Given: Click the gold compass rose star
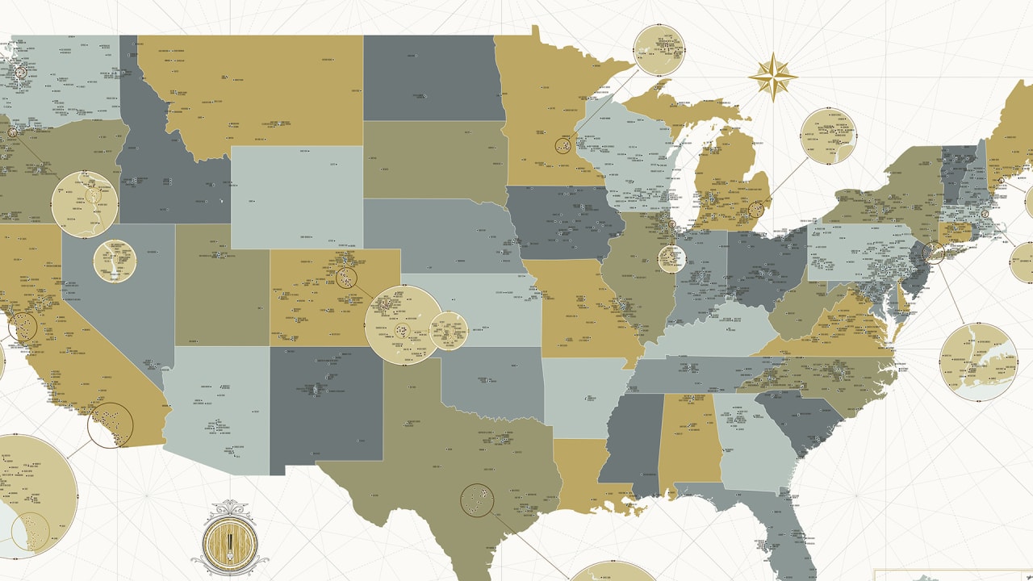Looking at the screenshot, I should (772, 77).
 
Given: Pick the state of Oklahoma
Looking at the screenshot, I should (492, 387).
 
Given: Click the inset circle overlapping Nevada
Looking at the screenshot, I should (115, 261).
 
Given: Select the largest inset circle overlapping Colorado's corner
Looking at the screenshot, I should (404, 325).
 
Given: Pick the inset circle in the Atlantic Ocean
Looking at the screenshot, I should (978, 362).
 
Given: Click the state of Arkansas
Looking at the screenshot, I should (581, 395).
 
